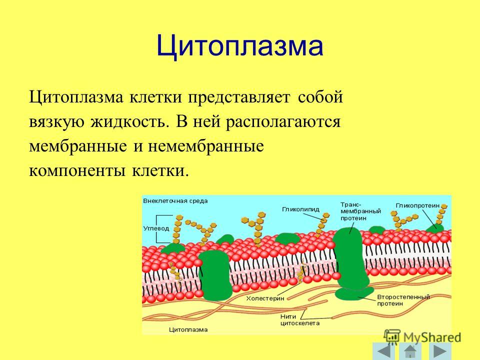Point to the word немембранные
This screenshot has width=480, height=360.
pos(206,146)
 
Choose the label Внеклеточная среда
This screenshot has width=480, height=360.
pos(175,201)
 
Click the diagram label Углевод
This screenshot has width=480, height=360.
pos(156,228)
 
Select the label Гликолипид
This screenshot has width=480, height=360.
pos(300,209)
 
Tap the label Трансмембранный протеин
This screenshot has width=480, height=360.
pos(360,211)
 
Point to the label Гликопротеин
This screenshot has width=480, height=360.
pos(417,205)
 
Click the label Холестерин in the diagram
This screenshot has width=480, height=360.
pos(265,298)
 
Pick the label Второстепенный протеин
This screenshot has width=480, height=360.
pos(403,300)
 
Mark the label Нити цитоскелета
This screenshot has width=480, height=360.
pos(300,320)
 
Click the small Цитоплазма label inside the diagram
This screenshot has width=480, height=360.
pos(188,330)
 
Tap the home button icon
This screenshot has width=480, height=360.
pos(410,351)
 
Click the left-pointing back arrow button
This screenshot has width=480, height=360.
pos(383,351)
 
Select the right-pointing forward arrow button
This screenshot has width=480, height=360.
pos(440,351)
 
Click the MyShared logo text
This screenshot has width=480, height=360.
pos(432,337)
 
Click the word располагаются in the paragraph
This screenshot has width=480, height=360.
pos(283,122)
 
